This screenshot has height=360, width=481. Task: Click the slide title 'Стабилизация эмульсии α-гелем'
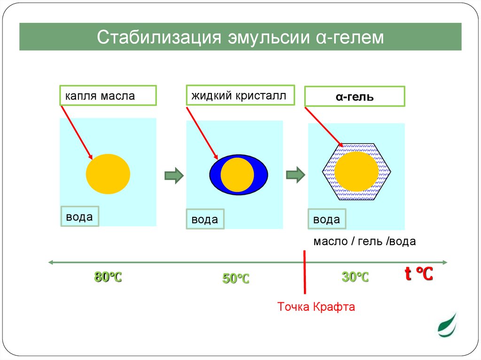click(x=240, y=38)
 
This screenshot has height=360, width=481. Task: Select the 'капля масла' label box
click(x=108, y=96)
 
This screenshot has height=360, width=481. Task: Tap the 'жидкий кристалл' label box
click(x=240, y=95)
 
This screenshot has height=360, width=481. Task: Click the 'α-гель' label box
click(x=355, y=97)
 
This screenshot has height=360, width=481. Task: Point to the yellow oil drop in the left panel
click(x=108, y=174)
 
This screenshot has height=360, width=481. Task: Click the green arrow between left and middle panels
click(x=173, y=175)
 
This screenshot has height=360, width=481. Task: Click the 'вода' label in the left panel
click(x=79, y=217)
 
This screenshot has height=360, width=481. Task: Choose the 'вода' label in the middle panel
click(x=205, y=219)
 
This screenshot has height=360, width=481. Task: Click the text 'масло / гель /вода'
click(x=365, y=242)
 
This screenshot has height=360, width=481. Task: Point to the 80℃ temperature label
click(x=108, y=277)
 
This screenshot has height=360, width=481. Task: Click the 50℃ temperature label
click(x=236, y=279)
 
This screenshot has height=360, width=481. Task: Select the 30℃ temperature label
click(x=355, y=277)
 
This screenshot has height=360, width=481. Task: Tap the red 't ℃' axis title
click(x=419, y=274)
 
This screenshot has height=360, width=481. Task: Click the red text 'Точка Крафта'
click(x=316, y=307)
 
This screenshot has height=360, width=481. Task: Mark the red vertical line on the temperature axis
click(x=305, y=277)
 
